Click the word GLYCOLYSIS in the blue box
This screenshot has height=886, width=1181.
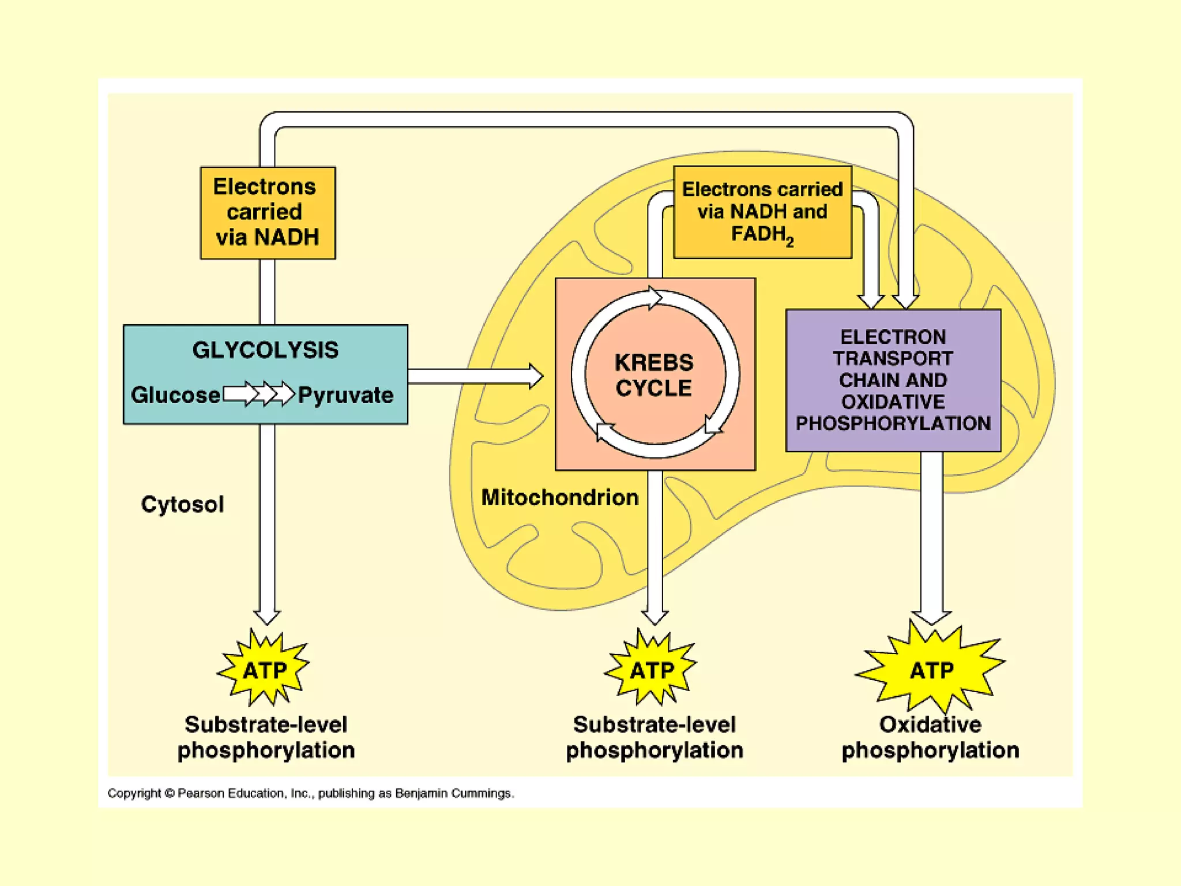point(265,350)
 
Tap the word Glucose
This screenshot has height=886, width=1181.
point(175,395)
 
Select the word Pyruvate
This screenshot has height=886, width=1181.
point(345,395)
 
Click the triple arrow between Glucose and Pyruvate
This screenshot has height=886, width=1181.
point(259,394)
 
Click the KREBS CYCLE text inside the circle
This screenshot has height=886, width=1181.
point(654,375)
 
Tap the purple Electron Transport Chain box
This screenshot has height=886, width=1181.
point(893,380)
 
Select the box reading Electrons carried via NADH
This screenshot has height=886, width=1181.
point(268,213)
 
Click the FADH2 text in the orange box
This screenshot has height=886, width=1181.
point(762,235)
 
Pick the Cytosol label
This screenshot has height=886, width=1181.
point(182,504)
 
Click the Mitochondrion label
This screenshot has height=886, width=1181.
point(560,497)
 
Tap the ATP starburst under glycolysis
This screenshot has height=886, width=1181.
point(264,670)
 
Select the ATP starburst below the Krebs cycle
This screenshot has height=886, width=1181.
point(652,670)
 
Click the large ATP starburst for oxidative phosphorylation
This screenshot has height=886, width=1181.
point(931,670)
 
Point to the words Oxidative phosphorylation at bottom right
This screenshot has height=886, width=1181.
point(930,737)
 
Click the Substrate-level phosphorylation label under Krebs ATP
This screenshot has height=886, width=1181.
point(654,737)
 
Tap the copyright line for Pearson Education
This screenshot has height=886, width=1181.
point(310,794)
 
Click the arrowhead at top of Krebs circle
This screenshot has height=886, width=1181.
point(655,298)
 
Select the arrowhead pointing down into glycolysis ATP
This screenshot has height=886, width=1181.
point(266,617)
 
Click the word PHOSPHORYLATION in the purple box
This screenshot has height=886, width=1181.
point(893,423)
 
